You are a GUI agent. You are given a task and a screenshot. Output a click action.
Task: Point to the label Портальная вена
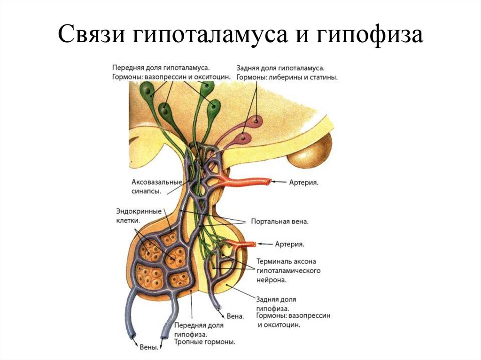click(279, 221)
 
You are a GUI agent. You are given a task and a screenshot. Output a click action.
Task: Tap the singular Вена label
click(235, 316)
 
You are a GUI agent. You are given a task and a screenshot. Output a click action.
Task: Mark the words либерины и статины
click(310, 77)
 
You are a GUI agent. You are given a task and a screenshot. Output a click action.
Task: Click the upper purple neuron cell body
click(256, 121)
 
